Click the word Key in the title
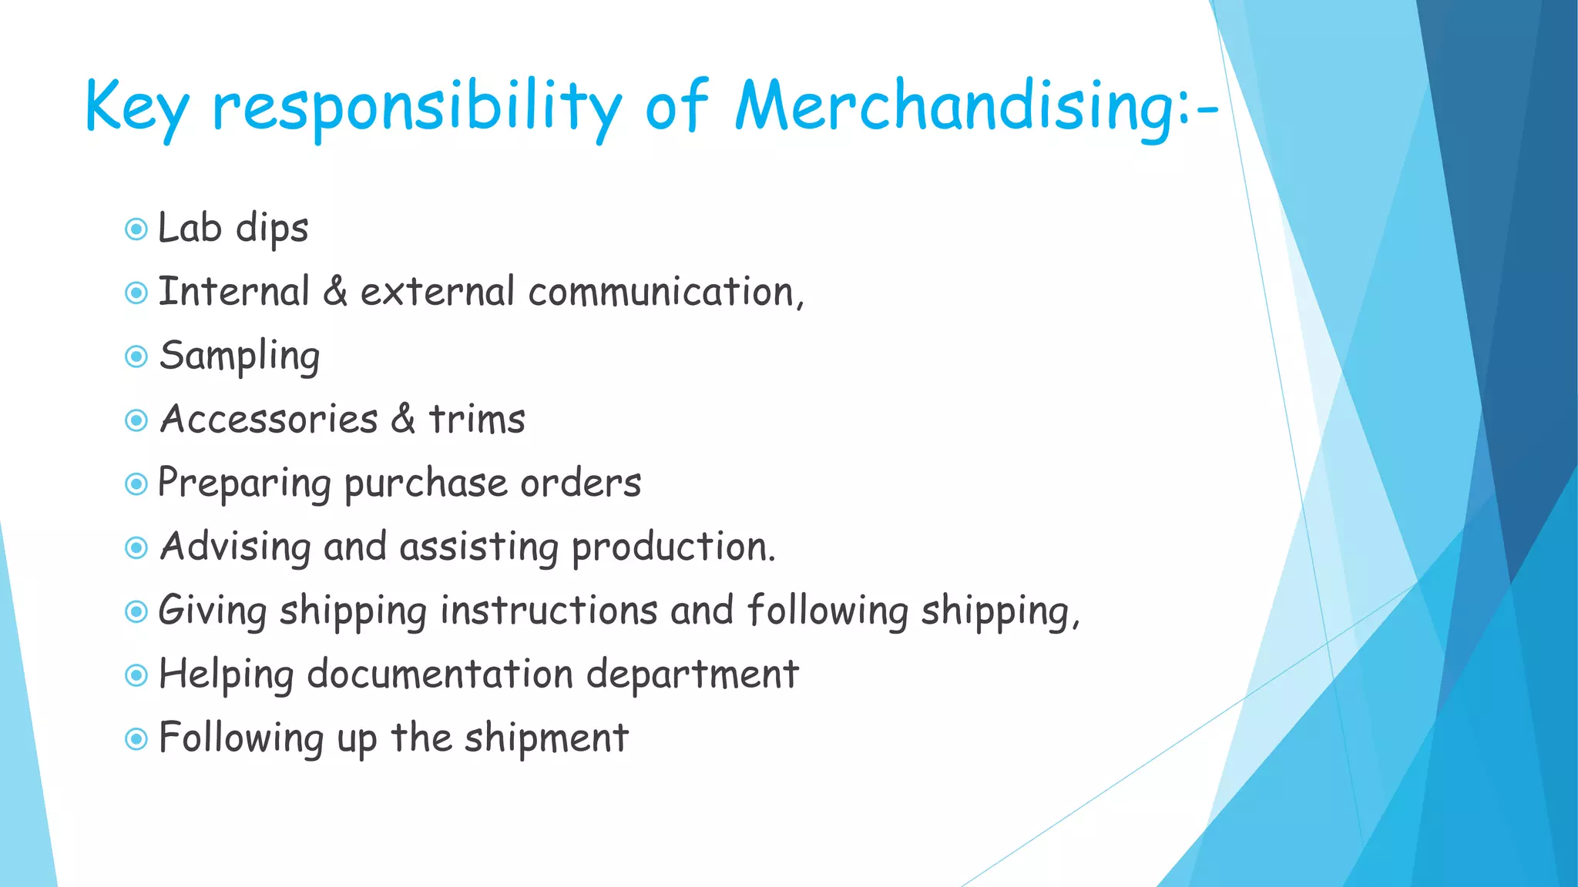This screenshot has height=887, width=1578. pyautogui.click(x=136, y=108)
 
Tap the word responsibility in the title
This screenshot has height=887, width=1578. pyautogui.click(x=417, y=108)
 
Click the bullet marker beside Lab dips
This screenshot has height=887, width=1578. pyautogui.click(x=136, y=229)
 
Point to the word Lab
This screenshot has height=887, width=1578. pyautogui.click(x=190, y=228)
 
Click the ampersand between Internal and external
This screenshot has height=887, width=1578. pyautogui.click(x=335, y=292)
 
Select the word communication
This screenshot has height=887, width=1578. pyautogui.click(x=665, y=293)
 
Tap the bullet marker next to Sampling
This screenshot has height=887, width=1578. pyautogui.click(x=136, y=356)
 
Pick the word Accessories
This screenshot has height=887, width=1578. pyautogui.click(x=269, y=420)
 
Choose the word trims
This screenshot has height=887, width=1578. pyautogui.click(x=477, y=420)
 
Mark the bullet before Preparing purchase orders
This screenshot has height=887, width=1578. pyautogui.click(x=136, y=484)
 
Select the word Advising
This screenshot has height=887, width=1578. pyautogui.click(x=235, y=548)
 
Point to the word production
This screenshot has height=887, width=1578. pyautogui.click(x=673, y=548)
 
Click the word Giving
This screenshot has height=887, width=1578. pyautogui.click(x=213, y=611)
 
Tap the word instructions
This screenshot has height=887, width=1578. pyautogui.click(x=549, y=611)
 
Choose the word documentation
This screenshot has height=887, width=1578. pyautogui.click(x=440, y=675)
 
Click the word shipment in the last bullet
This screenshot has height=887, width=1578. pyautogui.click(x=546, y=738)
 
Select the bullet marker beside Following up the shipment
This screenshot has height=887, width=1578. pyautogui.click(x=136, y=740)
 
